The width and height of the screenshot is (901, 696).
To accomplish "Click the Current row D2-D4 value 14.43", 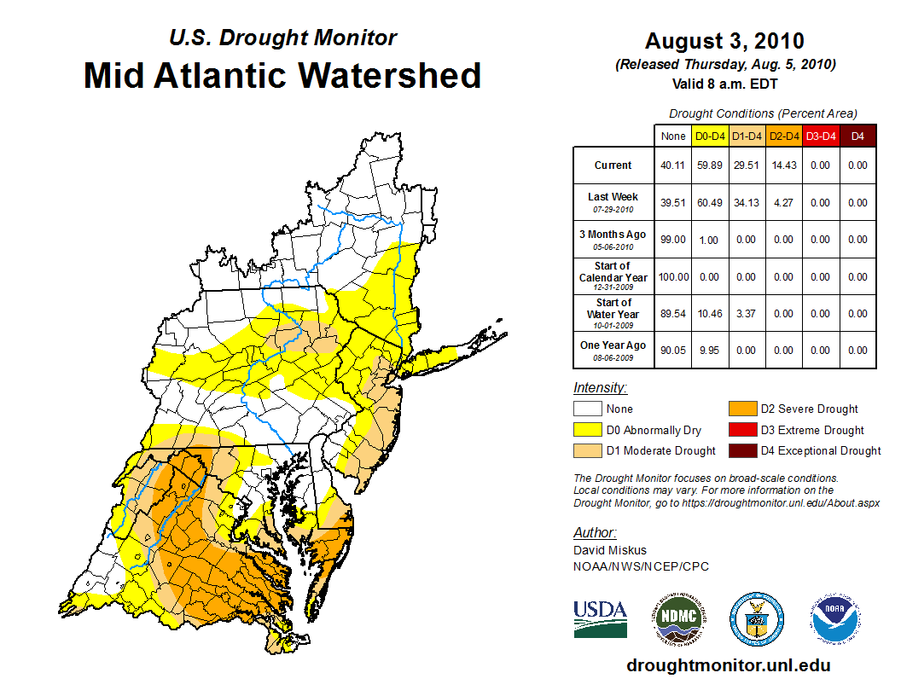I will [783, 165].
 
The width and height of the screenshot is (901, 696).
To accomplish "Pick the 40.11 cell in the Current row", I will [673, 165].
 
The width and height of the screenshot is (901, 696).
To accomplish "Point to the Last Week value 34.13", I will [747, 203].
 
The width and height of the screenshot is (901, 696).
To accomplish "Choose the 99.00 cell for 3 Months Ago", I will [673, 240].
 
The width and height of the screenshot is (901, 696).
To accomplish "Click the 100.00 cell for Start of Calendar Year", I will [673, 277].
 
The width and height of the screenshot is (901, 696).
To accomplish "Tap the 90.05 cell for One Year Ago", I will [673, 351].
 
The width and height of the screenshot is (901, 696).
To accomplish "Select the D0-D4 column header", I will [710, 136].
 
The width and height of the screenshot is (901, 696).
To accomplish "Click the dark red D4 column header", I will [857, 136].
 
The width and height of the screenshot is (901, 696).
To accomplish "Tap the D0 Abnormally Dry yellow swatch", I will [587, 430].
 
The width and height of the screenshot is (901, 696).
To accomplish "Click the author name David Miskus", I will [609, 550].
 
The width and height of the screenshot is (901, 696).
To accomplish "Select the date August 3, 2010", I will [724, 42].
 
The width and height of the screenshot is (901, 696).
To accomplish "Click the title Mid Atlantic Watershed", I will [282, 75].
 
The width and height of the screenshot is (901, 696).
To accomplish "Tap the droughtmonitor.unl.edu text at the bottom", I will [729, 664].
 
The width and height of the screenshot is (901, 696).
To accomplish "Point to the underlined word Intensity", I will [600, 387].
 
